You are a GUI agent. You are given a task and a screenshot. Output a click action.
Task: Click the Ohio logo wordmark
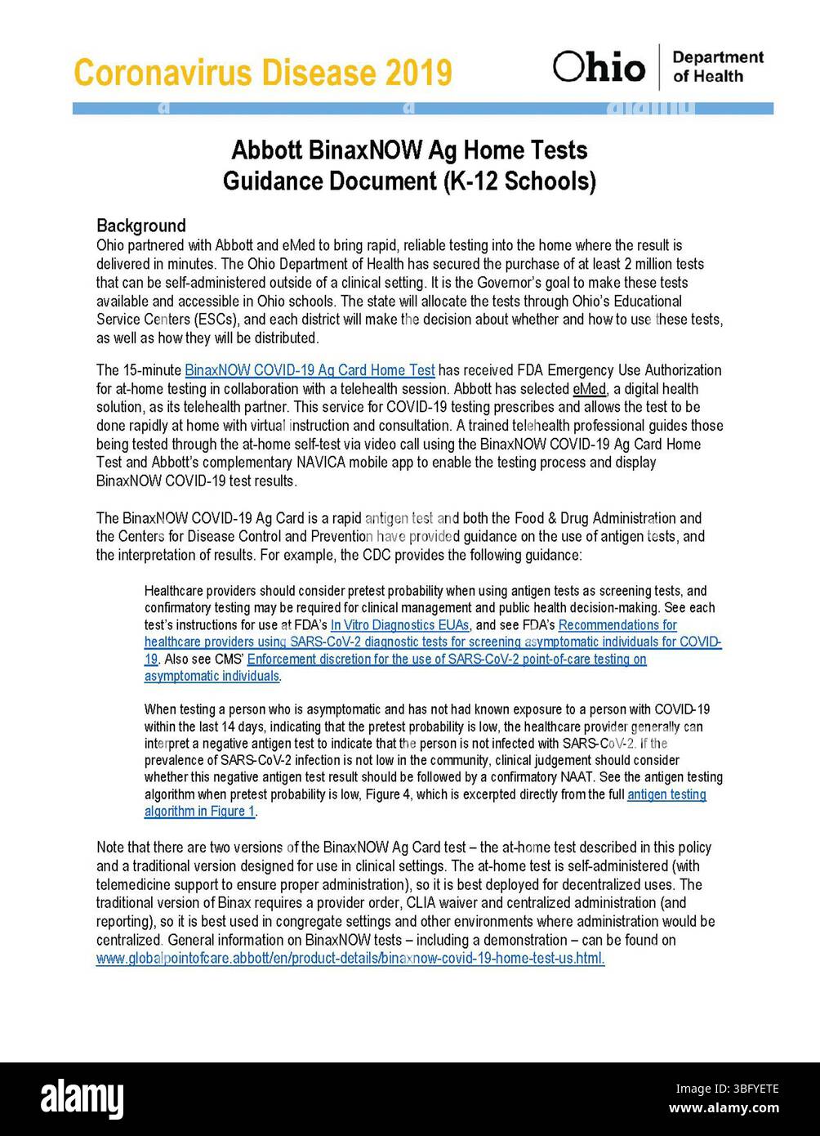point(599,67)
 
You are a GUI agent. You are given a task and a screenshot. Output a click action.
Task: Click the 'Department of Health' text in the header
point(717,67)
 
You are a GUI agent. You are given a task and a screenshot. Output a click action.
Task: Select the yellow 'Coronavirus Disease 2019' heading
point(262,73)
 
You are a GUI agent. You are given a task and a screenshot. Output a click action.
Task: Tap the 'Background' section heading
point(140,226)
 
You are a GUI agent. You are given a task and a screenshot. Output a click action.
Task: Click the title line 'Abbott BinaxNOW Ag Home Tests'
point(409,150)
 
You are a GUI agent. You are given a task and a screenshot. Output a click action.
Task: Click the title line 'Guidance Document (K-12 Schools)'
point(409,181)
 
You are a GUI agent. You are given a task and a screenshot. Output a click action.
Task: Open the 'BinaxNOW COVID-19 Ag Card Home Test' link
point(310,370)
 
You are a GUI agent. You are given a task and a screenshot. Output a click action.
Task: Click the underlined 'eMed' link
point(589,389)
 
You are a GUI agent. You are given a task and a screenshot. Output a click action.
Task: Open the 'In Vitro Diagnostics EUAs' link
point(399,625)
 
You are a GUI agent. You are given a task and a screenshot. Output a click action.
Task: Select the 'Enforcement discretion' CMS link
point(447,660)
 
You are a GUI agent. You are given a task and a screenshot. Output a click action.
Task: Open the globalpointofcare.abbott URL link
point(350,959)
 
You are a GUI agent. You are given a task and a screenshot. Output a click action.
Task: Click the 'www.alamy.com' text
point(724,1109)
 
